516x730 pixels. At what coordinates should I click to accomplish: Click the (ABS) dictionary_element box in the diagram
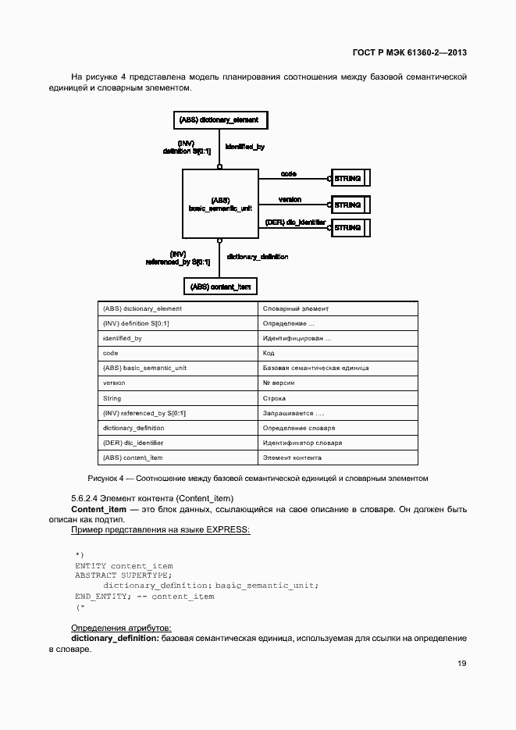[x=219, y=120]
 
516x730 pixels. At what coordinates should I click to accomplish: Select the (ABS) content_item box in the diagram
[x=221, y=287]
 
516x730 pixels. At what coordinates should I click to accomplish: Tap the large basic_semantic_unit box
[x=220, y=204]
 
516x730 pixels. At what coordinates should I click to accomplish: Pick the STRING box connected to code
[x=350, y=179]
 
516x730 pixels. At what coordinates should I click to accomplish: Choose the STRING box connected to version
[x=350, y=205]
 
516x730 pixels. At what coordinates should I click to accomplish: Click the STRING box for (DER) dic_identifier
[x=350, y=228]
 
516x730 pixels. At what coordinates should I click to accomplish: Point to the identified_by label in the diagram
[x=245, y=146]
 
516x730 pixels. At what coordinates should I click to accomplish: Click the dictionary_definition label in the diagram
[x=257, y=256]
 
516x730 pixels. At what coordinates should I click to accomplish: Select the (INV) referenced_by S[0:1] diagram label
[x=177, y=258]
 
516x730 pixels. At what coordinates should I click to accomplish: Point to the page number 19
[x=461, y=664]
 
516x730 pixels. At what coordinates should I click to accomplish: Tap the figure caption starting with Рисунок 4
[x=258, y=478]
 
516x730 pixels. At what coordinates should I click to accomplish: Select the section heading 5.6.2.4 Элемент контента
[x=153, y=498]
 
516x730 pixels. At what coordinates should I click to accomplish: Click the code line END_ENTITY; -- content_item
[x=144, y=596]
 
